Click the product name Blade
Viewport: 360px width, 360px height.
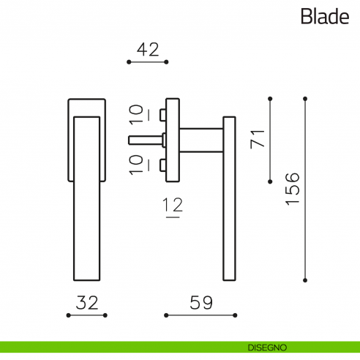(x=323, y=17)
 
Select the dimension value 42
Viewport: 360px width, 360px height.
(x=148, y=49)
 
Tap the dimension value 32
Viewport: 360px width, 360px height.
(x=86, y=302)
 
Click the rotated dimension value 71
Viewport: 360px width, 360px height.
(x=257, y=138)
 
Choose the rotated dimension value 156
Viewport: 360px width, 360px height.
(x=290, y=189)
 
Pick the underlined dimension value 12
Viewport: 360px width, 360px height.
(x=173, y=206)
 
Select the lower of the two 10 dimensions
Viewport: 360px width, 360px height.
(x=137, y=164)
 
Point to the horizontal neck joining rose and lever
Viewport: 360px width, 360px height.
(x=200, y=139)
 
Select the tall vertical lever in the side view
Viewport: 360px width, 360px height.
(x=228, y=198)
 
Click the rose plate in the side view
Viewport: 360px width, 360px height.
(x=173, y=139)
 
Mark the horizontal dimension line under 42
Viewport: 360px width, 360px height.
(x=148, y=63)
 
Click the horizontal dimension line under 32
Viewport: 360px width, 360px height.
(x=86, y=315)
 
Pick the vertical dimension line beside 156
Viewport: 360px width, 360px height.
(x=304, y=189)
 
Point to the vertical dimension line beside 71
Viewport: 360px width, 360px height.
(x=271, y=138)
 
